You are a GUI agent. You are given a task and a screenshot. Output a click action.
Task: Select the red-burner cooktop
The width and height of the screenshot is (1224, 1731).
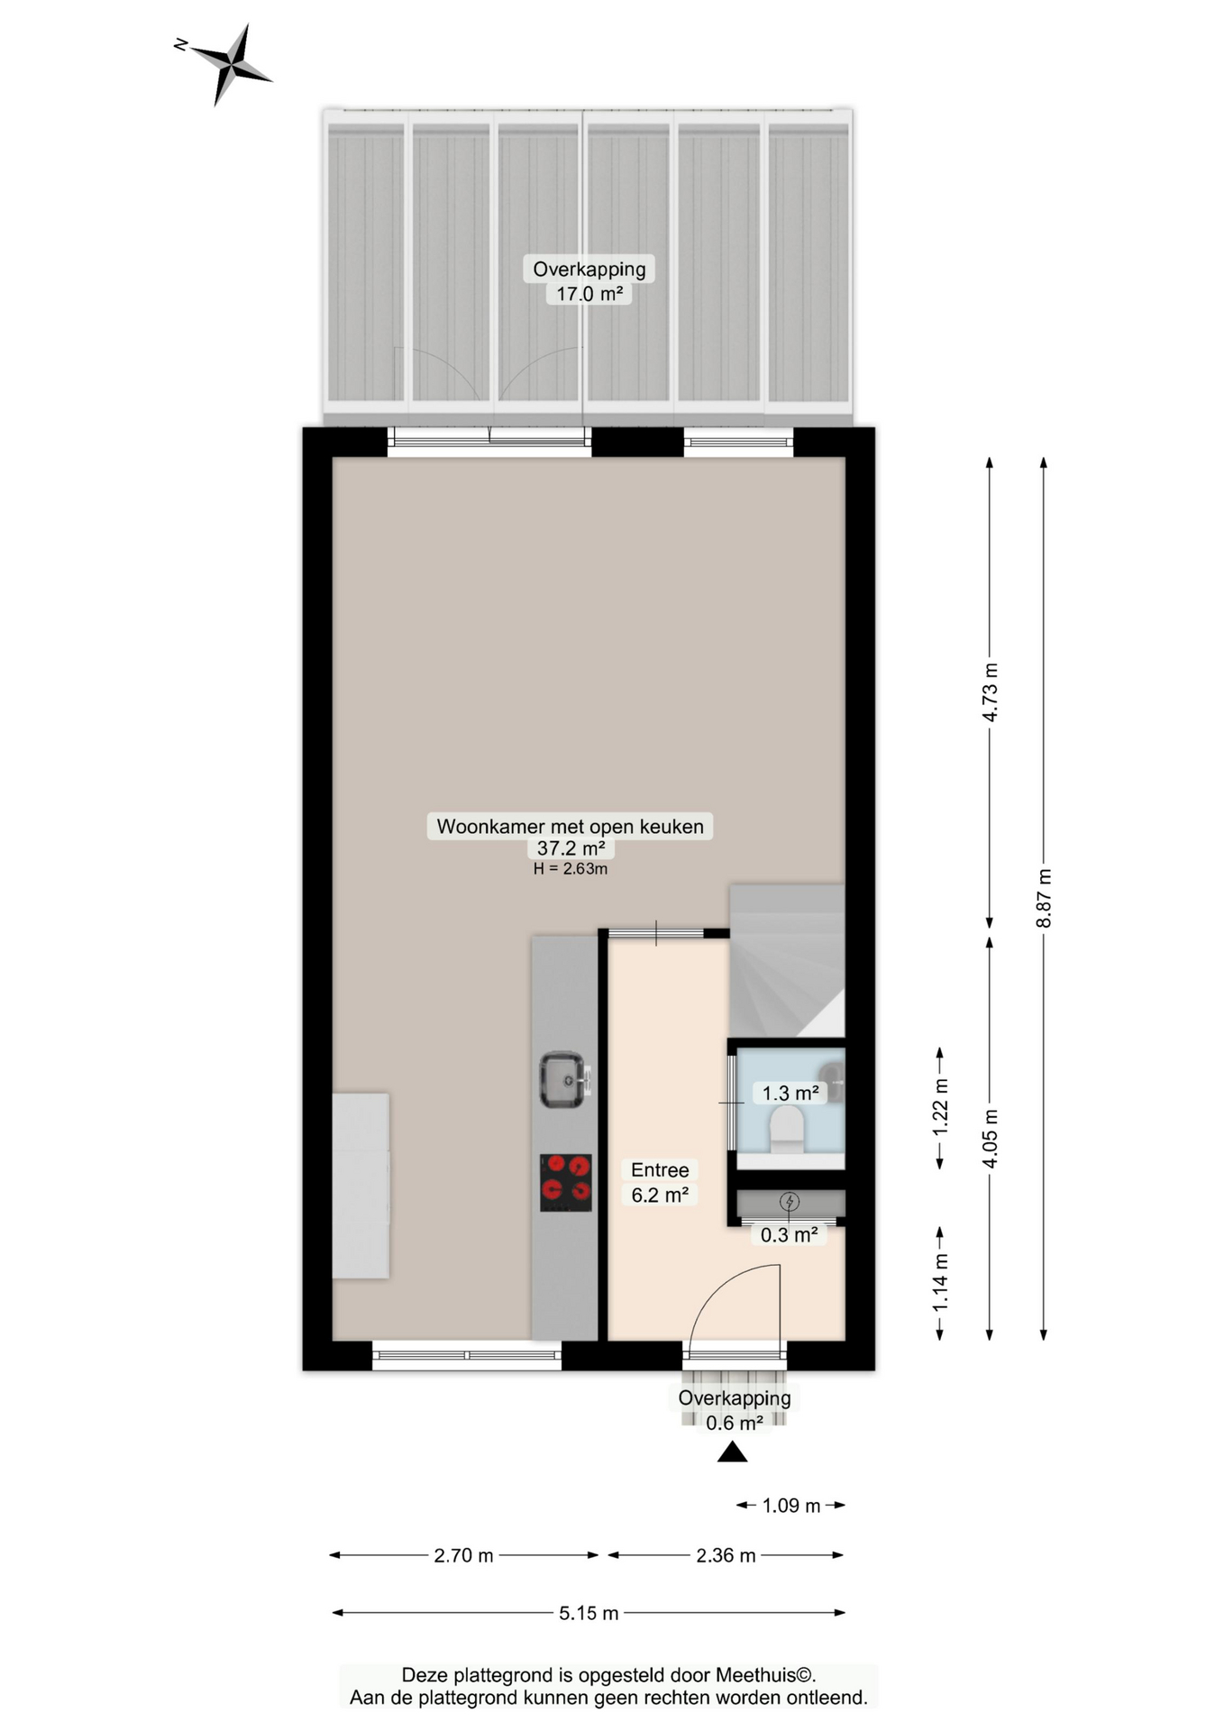pos(566,1182)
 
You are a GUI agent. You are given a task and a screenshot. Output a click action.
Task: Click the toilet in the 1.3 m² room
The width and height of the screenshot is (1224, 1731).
pos(787,1130)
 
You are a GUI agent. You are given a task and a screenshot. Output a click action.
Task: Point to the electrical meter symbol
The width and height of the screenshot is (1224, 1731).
pos(790,1201)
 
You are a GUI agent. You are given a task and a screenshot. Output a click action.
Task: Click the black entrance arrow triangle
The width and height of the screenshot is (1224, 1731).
pos(732,1452)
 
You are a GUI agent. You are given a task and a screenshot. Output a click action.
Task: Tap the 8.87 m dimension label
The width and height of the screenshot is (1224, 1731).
pos(1044,898)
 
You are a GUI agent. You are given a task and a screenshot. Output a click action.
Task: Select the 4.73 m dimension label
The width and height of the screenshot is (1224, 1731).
pos(990,692)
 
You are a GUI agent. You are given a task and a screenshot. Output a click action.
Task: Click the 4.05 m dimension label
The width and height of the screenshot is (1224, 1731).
pos(990,1138)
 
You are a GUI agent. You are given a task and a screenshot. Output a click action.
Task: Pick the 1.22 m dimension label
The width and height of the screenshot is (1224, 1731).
pos(940,1106)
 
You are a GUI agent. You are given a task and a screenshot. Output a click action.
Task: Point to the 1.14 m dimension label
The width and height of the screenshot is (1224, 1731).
pos(940,1282)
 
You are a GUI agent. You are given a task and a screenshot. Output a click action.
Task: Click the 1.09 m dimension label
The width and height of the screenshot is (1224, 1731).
pos(791,1506)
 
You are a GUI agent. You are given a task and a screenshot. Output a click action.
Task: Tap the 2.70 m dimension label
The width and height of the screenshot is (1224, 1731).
pos(463,1555)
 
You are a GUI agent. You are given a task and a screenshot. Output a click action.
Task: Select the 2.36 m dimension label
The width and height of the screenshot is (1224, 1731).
pos(726,1555)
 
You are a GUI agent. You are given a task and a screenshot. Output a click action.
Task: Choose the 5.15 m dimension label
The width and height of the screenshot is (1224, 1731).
pos(589,1613)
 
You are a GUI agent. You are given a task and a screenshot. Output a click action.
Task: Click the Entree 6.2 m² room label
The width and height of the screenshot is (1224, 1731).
pos(660,1182)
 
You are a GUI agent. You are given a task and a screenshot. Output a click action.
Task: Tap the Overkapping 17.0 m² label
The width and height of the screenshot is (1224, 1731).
pos(589,280)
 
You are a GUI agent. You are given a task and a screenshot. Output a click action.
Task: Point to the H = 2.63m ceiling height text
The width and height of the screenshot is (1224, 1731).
pos(570,869)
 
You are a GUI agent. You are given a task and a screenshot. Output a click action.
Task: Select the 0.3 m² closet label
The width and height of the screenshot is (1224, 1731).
pos(789,1235)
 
